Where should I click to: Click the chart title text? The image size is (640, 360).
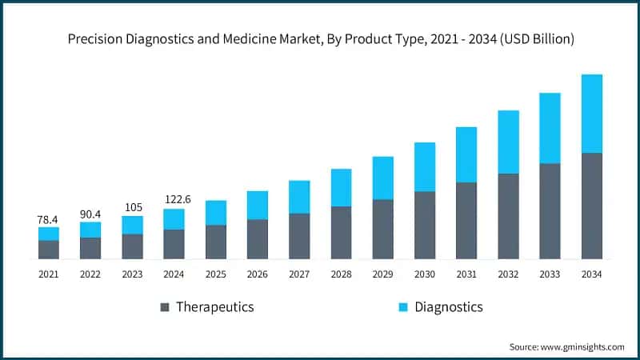[320, 38]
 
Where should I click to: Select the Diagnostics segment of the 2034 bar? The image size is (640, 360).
[591, 114]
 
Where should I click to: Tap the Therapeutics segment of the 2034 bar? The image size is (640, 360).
[591, 206]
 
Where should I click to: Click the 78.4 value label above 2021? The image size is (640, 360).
[49, 218]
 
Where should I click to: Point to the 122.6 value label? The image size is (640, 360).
[174, 200]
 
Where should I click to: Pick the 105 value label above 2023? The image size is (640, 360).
[132, 207]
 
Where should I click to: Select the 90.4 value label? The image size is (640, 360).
[90, 214]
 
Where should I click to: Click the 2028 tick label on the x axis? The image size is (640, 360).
[341, 274]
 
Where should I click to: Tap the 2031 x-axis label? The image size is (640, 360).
[466, 274]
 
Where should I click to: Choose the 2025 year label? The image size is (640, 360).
[216, 274]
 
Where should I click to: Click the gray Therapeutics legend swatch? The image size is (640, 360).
[165, 307]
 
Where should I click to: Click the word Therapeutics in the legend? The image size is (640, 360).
[214, 307]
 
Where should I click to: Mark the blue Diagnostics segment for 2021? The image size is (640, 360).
[49, 234]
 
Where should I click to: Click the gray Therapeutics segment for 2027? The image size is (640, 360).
[299, 236]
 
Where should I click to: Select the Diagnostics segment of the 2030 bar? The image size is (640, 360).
[425, 167]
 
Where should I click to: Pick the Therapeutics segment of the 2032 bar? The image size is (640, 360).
[508, 216]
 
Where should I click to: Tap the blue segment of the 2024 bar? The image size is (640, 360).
[174, 219]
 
